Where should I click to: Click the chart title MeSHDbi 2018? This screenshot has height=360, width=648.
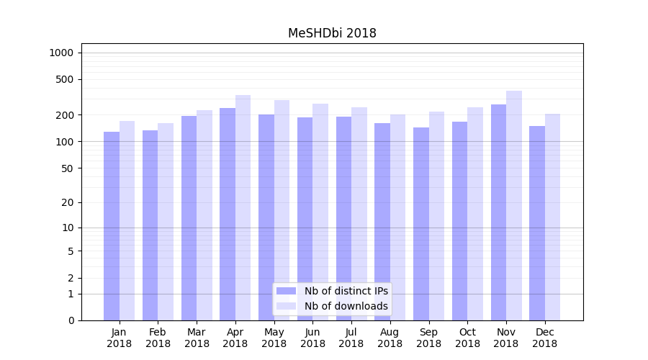(332, 33)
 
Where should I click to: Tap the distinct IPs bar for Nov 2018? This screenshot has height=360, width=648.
(498, 212)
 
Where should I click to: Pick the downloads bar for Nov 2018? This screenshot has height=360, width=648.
(514, 205)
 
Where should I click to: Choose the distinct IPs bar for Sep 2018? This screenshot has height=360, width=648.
(421, 224)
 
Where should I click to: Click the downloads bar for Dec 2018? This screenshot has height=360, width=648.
(553, 217)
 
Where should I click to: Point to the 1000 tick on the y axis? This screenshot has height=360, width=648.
(61, 53)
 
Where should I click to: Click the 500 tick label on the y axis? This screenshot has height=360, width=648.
(64, 79)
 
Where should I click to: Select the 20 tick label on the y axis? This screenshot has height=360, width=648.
(67, 202)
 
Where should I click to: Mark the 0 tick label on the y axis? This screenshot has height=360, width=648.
(70, 320)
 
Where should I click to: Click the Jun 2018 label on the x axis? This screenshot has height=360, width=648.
(312, 338)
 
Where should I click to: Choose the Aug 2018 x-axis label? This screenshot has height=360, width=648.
(390, 338)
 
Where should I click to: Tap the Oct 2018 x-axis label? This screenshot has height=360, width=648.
(467, 338)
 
